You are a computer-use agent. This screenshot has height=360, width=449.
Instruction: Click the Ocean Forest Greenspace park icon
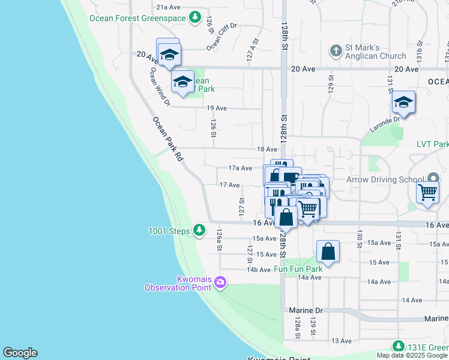tap(194, 18)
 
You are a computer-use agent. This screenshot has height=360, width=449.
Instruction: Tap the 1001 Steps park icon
tap(199, 230)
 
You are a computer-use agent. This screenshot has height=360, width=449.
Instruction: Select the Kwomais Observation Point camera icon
tap(220, 282)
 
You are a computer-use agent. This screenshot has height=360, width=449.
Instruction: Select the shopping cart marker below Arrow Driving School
tap(427, 193)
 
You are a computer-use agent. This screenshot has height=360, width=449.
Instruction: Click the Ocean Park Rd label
tap(167, 139)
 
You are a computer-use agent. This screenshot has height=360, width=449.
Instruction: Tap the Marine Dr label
tap(306, 310)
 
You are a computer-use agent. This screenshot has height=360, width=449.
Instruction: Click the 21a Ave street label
tap(168, 7)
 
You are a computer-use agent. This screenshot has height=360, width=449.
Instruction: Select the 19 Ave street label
tap(217, 108)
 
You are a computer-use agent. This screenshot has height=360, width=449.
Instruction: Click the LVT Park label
tap(432, 145)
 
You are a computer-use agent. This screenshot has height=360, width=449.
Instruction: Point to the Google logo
tap(20, 353)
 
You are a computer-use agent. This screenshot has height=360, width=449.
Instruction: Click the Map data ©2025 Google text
tap(412, 355)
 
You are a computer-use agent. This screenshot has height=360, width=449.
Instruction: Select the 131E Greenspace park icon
tap(398, 346)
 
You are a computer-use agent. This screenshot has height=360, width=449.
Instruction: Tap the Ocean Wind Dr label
tap(160, 86)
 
